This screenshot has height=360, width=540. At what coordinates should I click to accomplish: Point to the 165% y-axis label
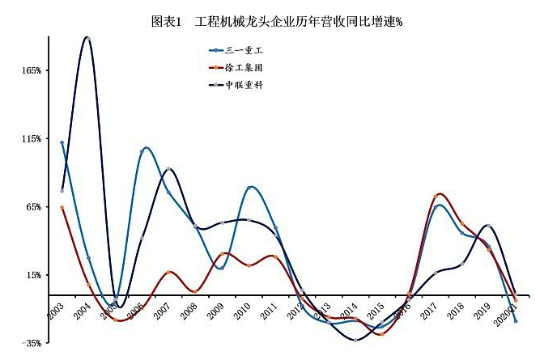coord(31,71)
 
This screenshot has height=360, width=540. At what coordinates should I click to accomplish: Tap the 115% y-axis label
coord(31,139)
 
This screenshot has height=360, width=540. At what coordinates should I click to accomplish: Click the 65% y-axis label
coord(32,207)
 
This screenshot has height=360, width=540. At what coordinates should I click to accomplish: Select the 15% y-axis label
coord(32,275)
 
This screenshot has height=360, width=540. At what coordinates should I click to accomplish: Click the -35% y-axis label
coord(31,343)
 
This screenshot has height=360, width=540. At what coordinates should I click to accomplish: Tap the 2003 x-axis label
coord(57,311)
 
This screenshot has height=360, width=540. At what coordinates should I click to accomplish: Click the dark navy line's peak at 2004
coord(88,37)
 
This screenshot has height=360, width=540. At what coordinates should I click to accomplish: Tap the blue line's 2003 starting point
coord(62,142)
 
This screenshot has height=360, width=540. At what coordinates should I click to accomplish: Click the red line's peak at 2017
coord(437,195)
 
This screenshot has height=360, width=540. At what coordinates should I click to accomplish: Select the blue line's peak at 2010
coord(250,187)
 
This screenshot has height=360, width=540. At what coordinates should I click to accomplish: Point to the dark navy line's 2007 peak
coord(168,169)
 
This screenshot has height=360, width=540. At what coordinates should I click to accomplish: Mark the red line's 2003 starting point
coord(62,208)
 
